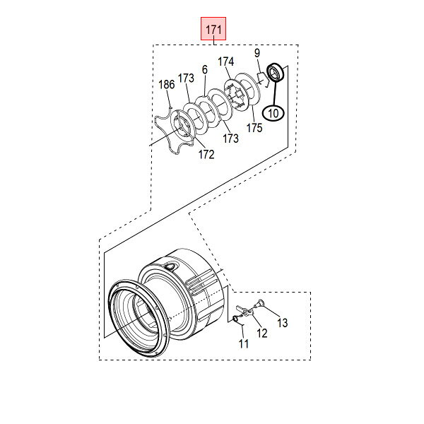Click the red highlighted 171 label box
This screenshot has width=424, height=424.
click(x=213, y=28)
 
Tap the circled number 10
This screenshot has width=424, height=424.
click(x=273, y=113)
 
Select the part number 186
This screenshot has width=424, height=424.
click(x=166, y=85)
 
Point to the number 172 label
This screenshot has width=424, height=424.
click(x=206, y=154)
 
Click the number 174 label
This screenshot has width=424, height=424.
click(x=226, y=61)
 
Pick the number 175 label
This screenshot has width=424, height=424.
click(x=254, y=128)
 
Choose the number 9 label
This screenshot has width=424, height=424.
click(x=257, y=53)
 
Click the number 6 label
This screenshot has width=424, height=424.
click(x=205, y=70)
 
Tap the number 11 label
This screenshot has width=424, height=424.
click(x=243, y=343)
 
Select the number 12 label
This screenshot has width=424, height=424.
click(x=261, y=333)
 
